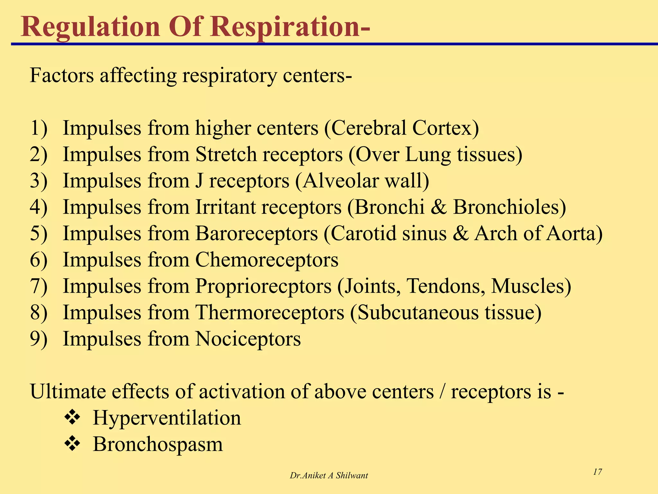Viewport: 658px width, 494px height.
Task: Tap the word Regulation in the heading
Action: pyautogui.click(x=90, y=27)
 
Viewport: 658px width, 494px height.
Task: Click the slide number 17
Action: pyautogui.click(x=597, y=472)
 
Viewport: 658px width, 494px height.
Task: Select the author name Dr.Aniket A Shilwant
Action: pyautogui.click(x=329, y=475)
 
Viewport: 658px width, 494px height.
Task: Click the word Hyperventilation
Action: pyautogui.click(x=167, y=418)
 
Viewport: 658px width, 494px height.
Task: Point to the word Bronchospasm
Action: pyautogui.click(x=158, y=444)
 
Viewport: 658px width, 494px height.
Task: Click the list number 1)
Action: pyautogui.click(x=39, y=128)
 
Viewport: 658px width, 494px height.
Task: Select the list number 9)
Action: pyautogui.click(x=39, y=339)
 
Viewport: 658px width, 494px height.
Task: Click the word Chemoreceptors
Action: pyautogui.click(x=267, y=260)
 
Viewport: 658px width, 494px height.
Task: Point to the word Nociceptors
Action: pyautogui.click(x=248, y=339)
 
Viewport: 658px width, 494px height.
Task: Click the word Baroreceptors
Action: pyautogui.click(x=256, y=233)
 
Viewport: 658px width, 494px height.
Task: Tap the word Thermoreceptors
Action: pyautogui.click(x=270, y=312)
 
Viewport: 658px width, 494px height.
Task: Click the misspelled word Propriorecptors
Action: pyautogui.click(x=263, y=286)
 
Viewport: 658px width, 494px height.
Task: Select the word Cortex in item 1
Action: pyautogui.click(x=445, y=128)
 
